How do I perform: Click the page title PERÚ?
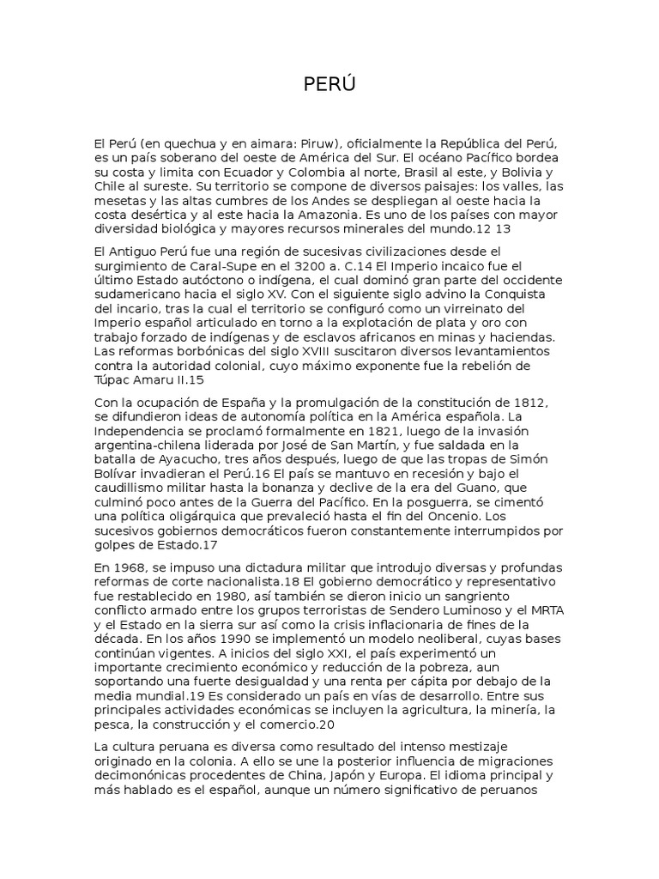point(329,84)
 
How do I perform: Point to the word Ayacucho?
point(185,460)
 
